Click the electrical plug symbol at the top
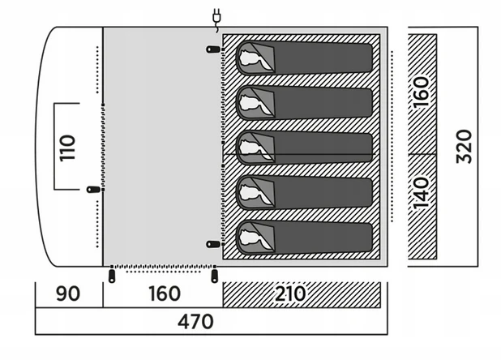pos(217,19)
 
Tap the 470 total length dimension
pos(195,322)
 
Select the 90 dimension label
pos(68,294)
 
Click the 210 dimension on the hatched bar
pos(290,294)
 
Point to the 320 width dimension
pos(464,146)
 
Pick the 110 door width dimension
pos(67,148)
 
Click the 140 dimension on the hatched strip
pos(421,194)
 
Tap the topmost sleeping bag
pos(304,58)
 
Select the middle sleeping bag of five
pos(304,148)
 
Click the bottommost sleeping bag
pos(304,238)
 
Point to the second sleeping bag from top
pos(304,103)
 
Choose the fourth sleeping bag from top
pos(304,193)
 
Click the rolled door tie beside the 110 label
pos(93,190)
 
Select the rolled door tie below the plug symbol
pos(213,49)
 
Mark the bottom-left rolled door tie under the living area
pos(112,276)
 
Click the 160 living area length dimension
pos(165,294)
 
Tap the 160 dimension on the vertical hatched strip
pos(421,92)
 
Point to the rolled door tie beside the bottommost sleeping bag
pos(213,244)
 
